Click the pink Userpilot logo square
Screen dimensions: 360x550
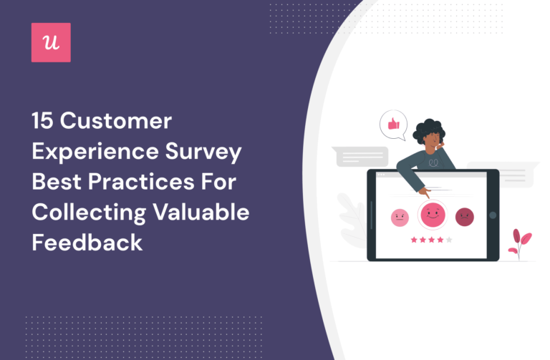(51, 42)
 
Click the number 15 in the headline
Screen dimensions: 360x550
(42, 121)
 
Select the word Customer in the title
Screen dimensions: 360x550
(116, 121)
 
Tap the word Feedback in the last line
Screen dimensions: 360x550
(87, 242)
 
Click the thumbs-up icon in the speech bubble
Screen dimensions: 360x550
(393, 125)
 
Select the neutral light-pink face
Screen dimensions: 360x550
(400, 218)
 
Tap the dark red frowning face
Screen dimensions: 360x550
(465, 217)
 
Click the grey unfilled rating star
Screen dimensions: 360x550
(449, 240)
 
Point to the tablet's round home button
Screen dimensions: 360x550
(492, 215)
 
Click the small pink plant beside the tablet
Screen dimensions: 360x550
(518, 243)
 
